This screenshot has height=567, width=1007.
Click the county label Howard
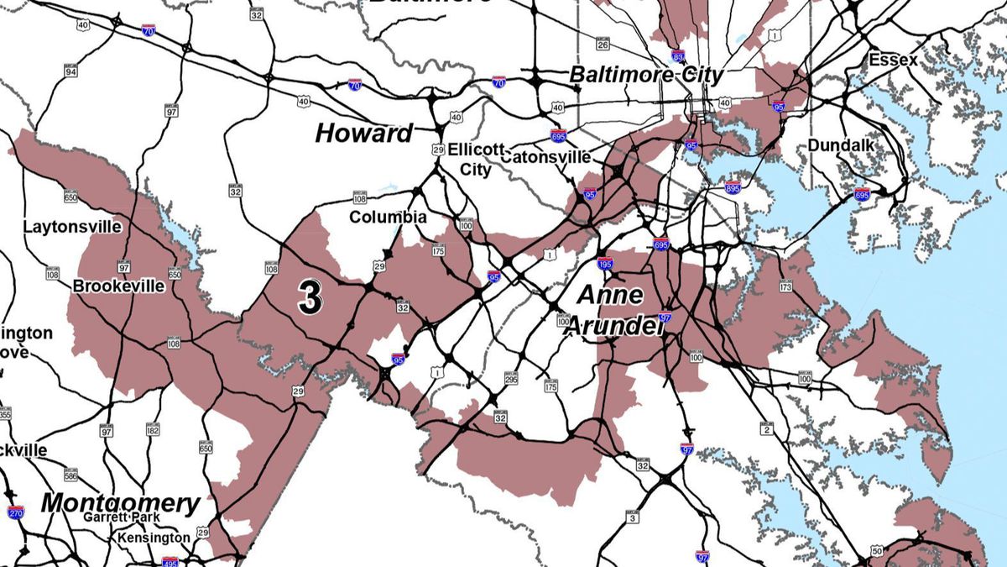pyautogui.click(x=364, y=133)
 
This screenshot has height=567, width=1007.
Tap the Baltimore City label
pyautogui.click(x=646, y=74)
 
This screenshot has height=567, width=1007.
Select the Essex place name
pyautogui.click(x=893, y=60)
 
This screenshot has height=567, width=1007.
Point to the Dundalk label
pyautogui.click(x=841, y=145)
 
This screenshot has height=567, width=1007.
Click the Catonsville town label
pyautogui.click(x=545, y=156)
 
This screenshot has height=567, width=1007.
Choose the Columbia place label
pyautogui.click(x=388, y=217)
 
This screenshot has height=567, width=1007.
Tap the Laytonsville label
pyautogui.click(x=72, y=227)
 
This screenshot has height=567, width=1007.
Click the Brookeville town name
pyautogui.click(x=118, y=286)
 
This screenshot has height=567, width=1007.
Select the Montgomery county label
pyautogui.click(x=121, y=503)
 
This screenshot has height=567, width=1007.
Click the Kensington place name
pyautogui.click(x=154, y=537)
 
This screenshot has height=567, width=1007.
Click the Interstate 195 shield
pyautogui.click(x=605, y=264)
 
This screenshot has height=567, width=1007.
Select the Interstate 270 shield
pyautogui.click(x=15, y=512)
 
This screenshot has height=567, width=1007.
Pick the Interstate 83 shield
pyautogui.click(x=678, y=57)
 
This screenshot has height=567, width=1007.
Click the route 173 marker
pyautogui.click(x=785, y=287)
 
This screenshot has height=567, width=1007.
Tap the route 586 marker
pyautogui.click(x=70, y=477)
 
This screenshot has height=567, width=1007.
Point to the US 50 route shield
pyautogui.click(x=877, y=550)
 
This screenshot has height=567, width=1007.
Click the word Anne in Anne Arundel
pyautogui.click(x=611, y=295)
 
